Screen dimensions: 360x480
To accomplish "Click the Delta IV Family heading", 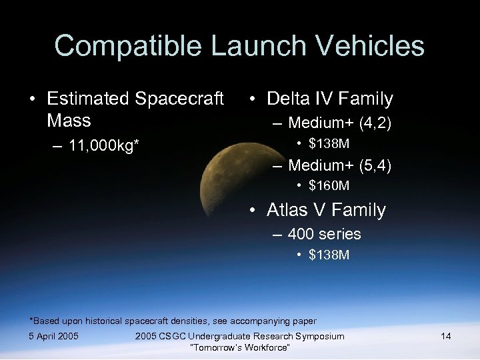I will (x=329, y=99).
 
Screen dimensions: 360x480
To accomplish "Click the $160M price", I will (x=329, y=185).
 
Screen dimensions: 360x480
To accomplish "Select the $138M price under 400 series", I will (x=329, y=255).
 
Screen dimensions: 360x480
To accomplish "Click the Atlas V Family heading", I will (x=326, y=210).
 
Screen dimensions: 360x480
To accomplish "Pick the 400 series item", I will (x=324, y=234).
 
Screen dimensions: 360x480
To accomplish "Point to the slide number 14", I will (x=445, y=336).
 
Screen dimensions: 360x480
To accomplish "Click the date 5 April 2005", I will (x=54, y=336).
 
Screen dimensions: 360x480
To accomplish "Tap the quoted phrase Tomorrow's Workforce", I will (x=239, y=348).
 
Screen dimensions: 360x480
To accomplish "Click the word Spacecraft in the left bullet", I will (x=179, y=99).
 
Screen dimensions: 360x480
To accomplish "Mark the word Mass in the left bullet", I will (x=69, y=121).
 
